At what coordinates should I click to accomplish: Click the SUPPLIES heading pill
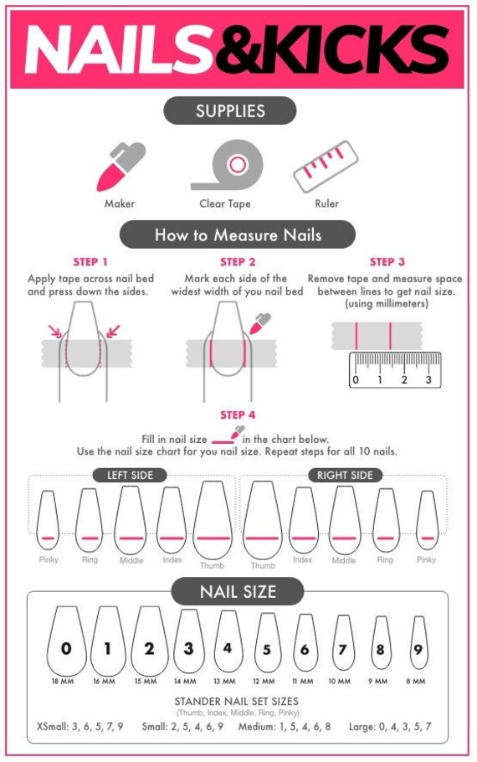click(x=230, y=111)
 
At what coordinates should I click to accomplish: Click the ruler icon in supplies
click(x=326, y=166)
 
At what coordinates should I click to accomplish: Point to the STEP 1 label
click(x=90, y=262)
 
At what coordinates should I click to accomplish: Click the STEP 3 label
click(x=387, y=262)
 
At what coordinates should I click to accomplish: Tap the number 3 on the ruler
click(x=428, y=380)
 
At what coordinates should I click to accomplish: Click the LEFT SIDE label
click(x=129, y=475)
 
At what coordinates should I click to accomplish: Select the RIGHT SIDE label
click(x=345, y=475)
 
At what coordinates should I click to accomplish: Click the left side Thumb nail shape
click(x=213, y=519)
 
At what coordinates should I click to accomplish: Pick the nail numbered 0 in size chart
click(x=67, y=641)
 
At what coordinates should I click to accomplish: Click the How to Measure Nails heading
click(x=238, y=234)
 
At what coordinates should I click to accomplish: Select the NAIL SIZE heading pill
click(x=238, y=592)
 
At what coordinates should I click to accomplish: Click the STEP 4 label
click(x=238, y=415)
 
